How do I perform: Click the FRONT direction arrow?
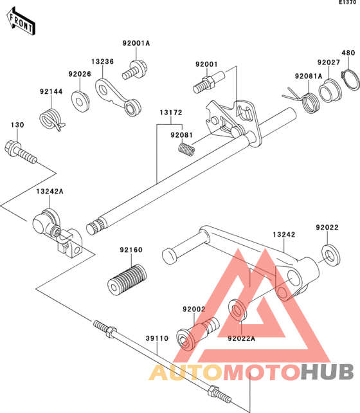pos(21,21)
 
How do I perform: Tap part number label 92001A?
pos(136,43)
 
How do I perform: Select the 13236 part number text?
pos(103,61)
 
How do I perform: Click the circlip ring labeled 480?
pos(350,79)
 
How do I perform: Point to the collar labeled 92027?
pos(330,91)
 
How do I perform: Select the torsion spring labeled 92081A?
pos(303,100)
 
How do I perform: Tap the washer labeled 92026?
pos(80,101)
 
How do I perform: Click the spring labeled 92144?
pos(52,120)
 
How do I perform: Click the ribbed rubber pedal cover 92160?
pos(127,280)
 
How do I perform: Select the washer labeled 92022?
pos(330,255)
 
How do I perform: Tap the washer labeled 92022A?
pos(238,310)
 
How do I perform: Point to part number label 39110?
pos(157,338)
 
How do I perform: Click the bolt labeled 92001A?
pos(135,70)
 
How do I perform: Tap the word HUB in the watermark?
pos(327,372)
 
